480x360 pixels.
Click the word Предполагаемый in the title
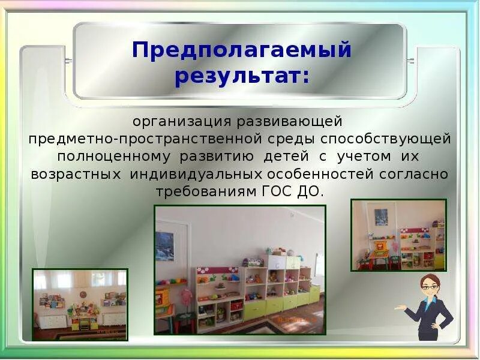pos(241,50)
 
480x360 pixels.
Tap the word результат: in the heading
pos(242,77)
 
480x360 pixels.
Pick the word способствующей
pos(385,139)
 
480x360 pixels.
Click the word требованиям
pos(206,192)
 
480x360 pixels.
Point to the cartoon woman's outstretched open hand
pos(400,308)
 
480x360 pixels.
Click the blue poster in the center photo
pos(164,246)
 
